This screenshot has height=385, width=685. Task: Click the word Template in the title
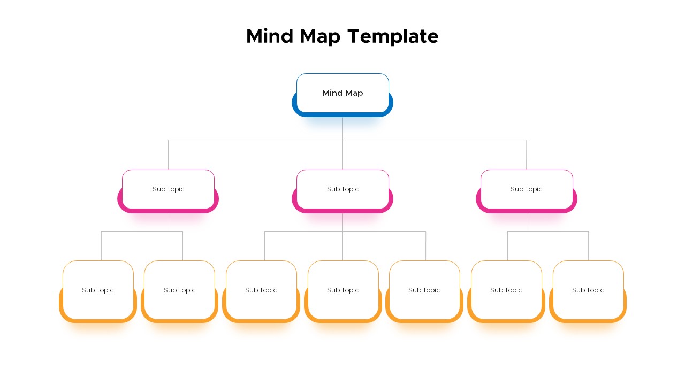pos(393,37)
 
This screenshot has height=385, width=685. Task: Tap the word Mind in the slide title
pos(270,36)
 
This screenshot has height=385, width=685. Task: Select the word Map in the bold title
pos(320,37)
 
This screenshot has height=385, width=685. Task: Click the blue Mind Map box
pos(342,95)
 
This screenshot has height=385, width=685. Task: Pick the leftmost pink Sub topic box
pos(168,191)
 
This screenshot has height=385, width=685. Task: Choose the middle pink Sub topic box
pos(342,191)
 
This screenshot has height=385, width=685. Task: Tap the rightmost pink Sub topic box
pos(527,191)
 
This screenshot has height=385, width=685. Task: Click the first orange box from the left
pos(98,291)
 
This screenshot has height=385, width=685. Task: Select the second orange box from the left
pos(179,291)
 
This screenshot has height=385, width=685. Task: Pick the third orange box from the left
pos(261,291)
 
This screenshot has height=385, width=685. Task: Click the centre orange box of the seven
pos(343,291)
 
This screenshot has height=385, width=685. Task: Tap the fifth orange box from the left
pos(424,291)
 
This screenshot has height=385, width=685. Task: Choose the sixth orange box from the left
pos(506,291)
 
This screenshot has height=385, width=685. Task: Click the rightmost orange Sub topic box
pos(588,291)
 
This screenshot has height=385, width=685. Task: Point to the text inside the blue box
pos(342,93)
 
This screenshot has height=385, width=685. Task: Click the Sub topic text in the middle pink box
pos(342,189)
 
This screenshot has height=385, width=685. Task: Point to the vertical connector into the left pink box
pos(168,155)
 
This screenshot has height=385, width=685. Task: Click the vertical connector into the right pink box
pos(526,155)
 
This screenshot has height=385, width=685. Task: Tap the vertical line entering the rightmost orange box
pos(588,246)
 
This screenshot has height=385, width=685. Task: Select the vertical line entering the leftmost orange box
pos(101,246)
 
